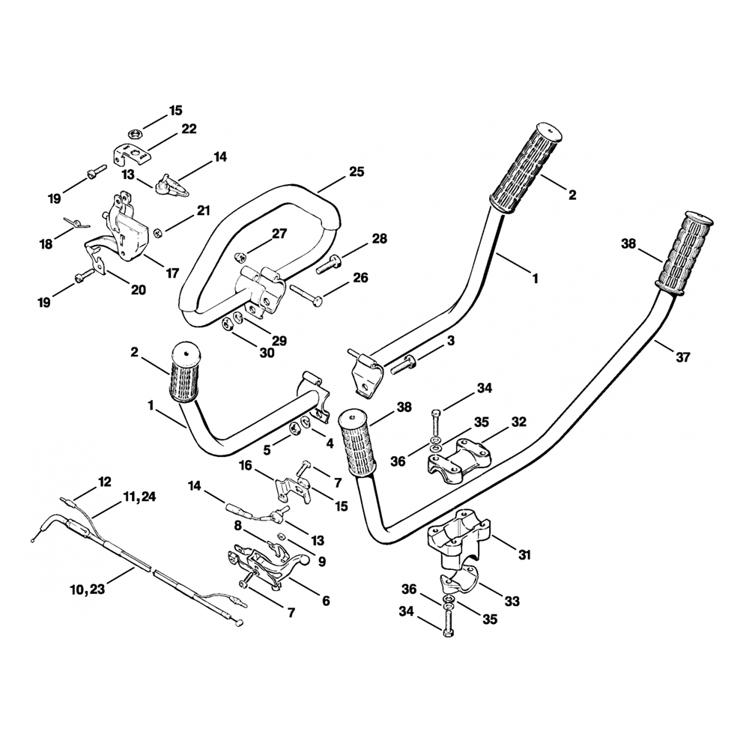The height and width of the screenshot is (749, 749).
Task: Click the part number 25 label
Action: [x=356, y=172]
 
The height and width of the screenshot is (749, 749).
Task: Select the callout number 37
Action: [x=682, y=357]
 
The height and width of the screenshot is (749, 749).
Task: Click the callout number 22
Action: [x=188, y=129]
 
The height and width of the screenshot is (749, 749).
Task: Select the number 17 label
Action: [x=172, y=273]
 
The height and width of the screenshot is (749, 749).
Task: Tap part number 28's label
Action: [x=379, y=239]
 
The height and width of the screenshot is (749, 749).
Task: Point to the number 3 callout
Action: [x=450, y=341]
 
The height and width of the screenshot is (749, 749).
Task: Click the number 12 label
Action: [x=104, y=481]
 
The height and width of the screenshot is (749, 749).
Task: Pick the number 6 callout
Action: [x=325, y=601]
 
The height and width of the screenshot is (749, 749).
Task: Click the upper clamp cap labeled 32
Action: [x=458, y=457]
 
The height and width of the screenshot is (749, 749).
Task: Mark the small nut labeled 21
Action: [x=158, y=233]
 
